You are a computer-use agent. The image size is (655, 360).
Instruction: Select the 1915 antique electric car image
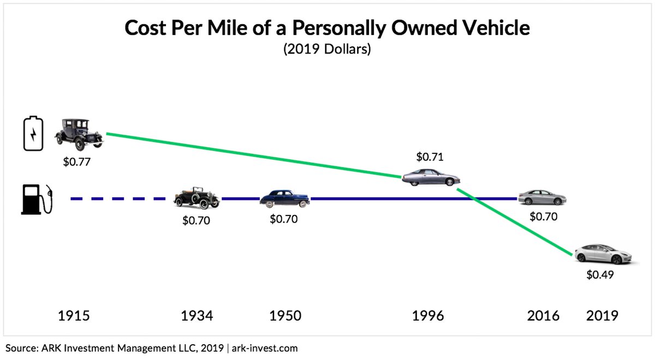(x=79, y=134)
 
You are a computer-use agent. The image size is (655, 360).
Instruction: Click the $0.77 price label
(x=77, y=163)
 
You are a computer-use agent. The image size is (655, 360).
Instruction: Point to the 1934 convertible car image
(x=196, y=199)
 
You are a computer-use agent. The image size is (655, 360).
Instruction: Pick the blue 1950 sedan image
(x=284, y=199)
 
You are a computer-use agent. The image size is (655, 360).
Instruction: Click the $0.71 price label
(x=430, y=157)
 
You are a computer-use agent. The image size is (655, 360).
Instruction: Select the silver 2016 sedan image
(x=542, y=197)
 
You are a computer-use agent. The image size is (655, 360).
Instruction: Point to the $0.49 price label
(x=600, y=275)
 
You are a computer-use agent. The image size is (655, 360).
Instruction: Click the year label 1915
(x=74, y=315)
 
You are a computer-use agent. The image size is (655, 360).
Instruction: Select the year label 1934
(x=196, y=315)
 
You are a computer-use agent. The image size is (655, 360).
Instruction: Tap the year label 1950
(x=284, y=315)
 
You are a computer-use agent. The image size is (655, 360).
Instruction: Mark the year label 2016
(x=543, y=315)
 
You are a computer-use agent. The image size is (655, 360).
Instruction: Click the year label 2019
(x=602, y=315)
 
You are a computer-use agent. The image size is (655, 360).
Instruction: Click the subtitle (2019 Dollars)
(x=327, y=49)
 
